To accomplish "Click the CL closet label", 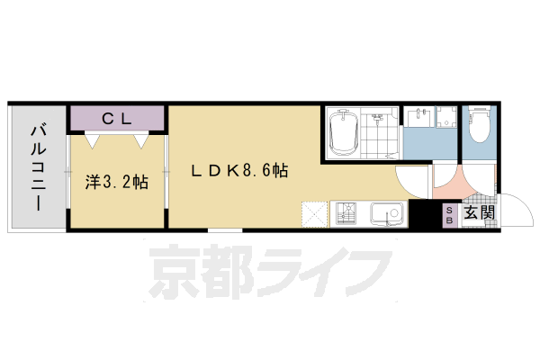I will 118,117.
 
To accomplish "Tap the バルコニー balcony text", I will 38,166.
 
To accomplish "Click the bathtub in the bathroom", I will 344,133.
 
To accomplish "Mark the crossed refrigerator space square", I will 316,213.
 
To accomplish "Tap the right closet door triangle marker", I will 139,139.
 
